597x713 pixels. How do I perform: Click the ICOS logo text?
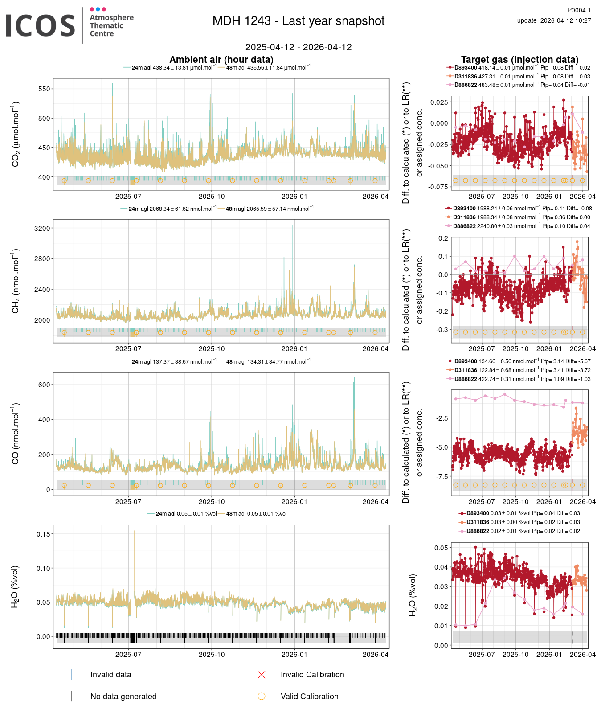click(40, 25)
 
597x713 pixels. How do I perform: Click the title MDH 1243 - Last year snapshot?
click(298, 21)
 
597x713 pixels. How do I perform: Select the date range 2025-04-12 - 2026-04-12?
click(298, 47)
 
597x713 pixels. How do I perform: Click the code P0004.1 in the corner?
click(579, 10)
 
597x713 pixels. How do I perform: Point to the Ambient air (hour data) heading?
click(221, 60)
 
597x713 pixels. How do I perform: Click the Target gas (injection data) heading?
click(519, 60)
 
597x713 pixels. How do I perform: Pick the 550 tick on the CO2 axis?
click(44, 89)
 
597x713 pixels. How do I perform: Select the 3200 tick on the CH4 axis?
click(42, 228)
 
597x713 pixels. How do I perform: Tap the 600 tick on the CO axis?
click(44, 385)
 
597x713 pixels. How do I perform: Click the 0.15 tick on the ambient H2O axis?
click(43, 534)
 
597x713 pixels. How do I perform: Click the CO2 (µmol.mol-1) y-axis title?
click(16, 134)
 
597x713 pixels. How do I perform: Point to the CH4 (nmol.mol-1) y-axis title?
click(16, 281)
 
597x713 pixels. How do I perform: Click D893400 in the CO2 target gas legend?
click(465, 68)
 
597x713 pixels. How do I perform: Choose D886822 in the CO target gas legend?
click(465, 379)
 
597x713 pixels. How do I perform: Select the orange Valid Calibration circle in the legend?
click(262, 696)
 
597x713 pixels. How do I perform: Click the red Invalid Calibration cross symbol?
click(262, 675)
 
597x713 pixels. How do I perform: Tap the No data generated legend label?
click(123, 697)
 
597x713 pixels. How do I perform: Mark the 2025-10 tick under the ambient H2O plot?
click(212, 655)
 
